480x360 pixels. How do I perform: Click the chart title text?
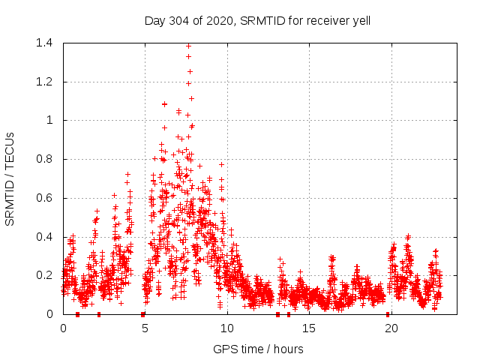click(x=257, y=20)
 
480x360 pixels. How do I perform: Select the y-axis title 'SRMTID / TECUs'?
click(x=10, y=178)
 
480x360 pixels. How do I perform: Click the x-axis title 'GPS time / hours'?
click(x=258, y=349)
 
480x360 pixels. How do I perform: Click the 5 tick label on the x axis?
click(x=145, y=328)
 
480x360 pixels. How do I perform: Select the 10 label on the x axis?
click(x=227, y=328)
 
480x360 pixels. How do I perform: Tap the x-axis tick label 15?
click(x=309, y=328)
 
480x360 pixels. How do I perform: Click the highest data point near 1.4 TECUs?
click(x=188, y=46)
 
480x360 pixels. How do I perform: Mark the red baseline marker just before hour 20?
click(x=388, y=314)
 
